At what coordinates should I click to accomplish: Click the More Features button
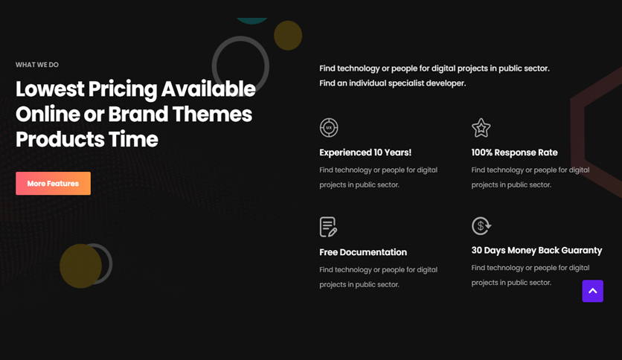pos(53,183)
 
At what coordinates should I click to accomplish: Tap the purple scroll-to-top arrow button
pos(593,291)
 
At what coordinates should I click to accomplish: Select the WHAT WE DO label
pos(37,65)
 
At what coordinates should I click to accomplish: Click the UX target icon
pos(329,128)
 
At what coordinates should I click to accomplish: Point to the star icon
pos(481,128)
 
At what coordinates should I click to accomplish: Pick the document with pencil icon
pos(328,227)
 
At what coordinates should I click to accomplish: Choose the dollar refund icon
pos(481,226)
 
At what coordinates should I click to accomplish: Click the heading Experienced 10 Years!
pos(365,152)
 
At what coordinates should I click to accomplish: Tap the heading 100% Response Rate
pos(515,152)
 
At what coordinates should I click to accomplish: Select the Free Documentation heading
pos(363,252)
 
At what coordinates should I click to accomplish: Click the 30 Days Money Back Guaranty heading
pos(536,250)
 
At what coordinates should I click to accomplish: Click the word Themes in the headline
pos(212,115)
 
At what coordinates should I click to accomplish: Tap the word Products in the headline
pos(60,139)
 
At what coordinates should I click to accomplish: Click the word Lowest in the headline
pos(50,89)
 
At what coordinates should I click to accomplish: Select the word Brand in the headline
pos(138,115)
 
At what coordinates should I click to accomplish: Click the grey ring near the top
pos(214,65)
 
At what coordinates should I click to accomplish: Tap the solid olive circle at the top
pos(288,36)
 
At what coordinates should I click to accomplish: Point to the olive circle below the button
pos(80,266)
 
